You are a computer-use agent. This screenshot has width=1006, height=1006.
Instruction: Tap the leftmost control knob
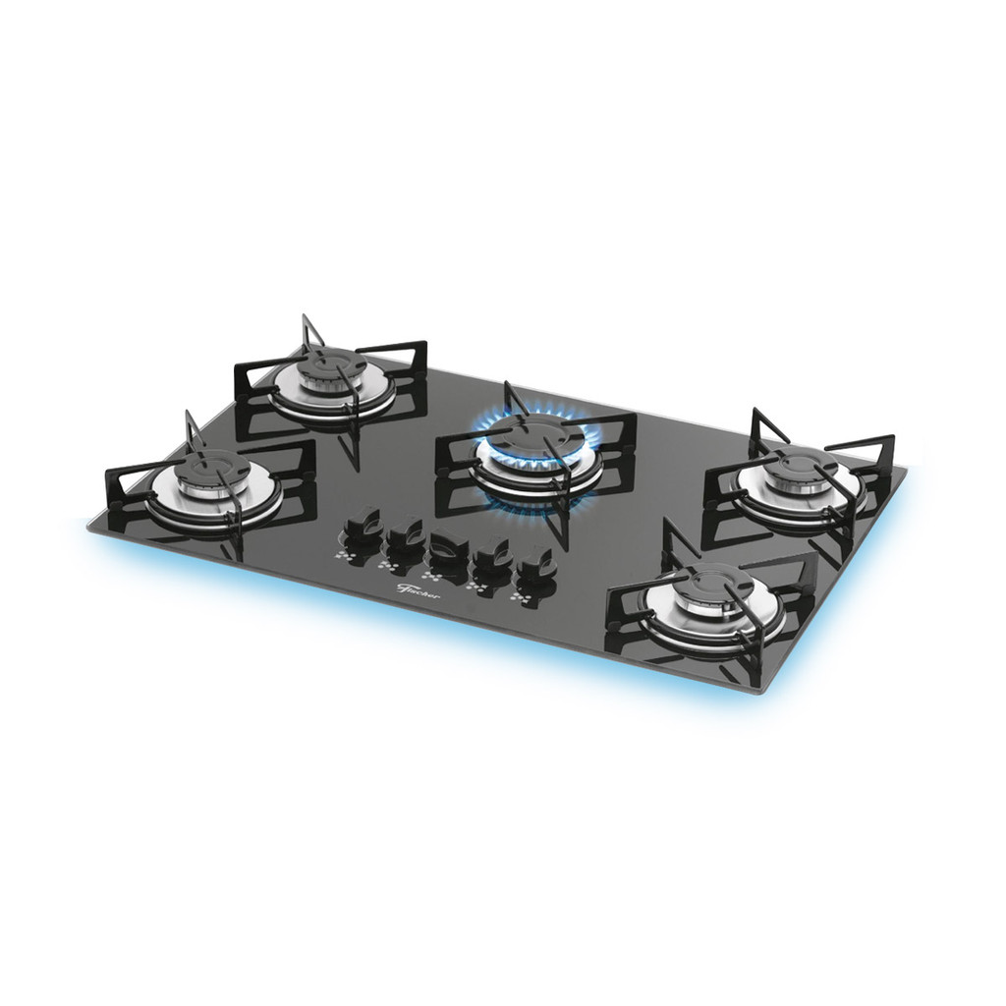point(361,526)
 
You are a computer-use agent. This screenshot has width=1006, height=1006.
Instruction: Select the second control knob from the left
point(403,535)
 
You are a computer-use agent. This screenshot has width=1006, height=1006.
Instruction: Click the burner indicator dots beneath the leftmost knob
point(345,554)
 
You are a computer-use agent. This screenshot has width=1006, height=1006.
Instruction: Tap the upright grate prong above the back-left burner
point(307,332)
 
